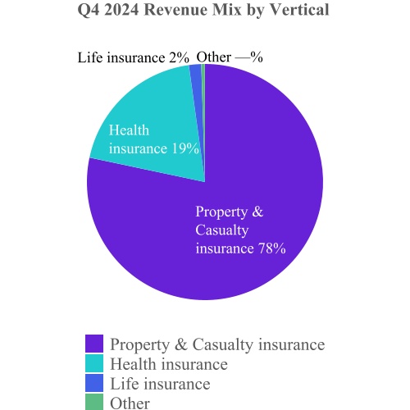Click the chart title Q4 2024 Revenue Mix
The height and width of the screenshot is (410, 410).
pos(204,11)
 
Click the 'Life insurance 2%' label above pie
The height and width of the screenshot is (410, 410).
pos(134,57)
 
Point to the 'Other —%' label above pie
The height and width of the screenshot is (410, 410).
pos(230,57)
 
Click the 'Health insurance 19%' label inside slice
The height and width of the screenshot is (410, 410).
pos(154,139)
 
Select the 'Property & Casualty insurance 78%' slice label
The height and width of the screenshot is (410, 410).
pos(239,230)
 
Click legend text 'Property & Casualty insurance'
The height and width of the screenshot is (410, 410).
pos(217,344)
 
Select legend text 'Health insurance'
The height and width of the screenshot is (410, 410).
pos(168,363)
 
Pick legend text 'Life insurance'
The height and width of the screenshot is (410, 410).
pos(160,383)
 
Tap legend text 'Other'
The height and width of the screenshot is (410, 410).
pos(130,403)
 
